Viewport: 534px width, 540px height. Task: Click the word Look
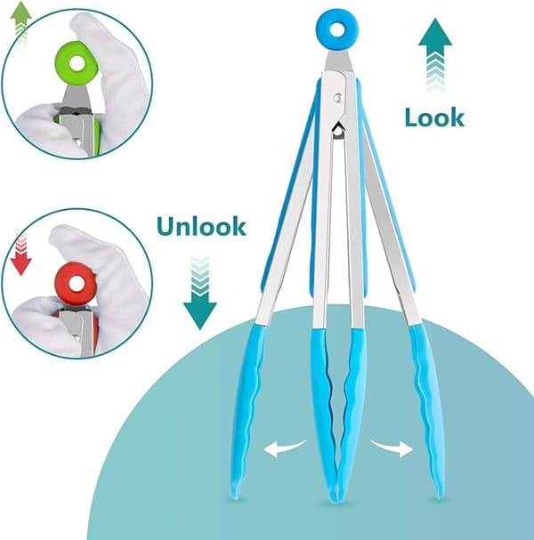pos(434,117)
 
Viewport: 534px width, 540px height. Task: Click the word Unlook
pos(201,226)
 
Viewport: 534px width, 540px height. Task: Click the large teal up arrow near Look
pos(435,55)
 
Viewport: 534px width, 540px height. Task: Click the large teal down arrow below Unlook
pos(200,293)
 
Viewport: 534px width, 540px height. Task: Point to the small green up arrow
pos(21,23)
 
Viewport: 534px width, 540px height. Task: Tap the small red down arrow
pos(21,254)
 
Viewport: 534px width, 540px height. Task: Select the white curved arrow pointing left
pos(284,448)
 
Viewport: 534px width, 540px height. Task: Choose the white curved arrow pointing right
pos(392,447)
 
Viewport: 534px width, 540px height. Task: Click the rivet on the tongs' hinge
pos(337,98)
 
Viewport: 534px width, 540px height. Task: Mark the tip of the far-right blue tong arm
pos(440,495)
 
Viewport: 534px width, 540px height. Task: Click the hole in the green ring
pos(77,64)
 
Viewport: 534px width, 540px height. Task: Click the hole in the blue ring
pos(337,30)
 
